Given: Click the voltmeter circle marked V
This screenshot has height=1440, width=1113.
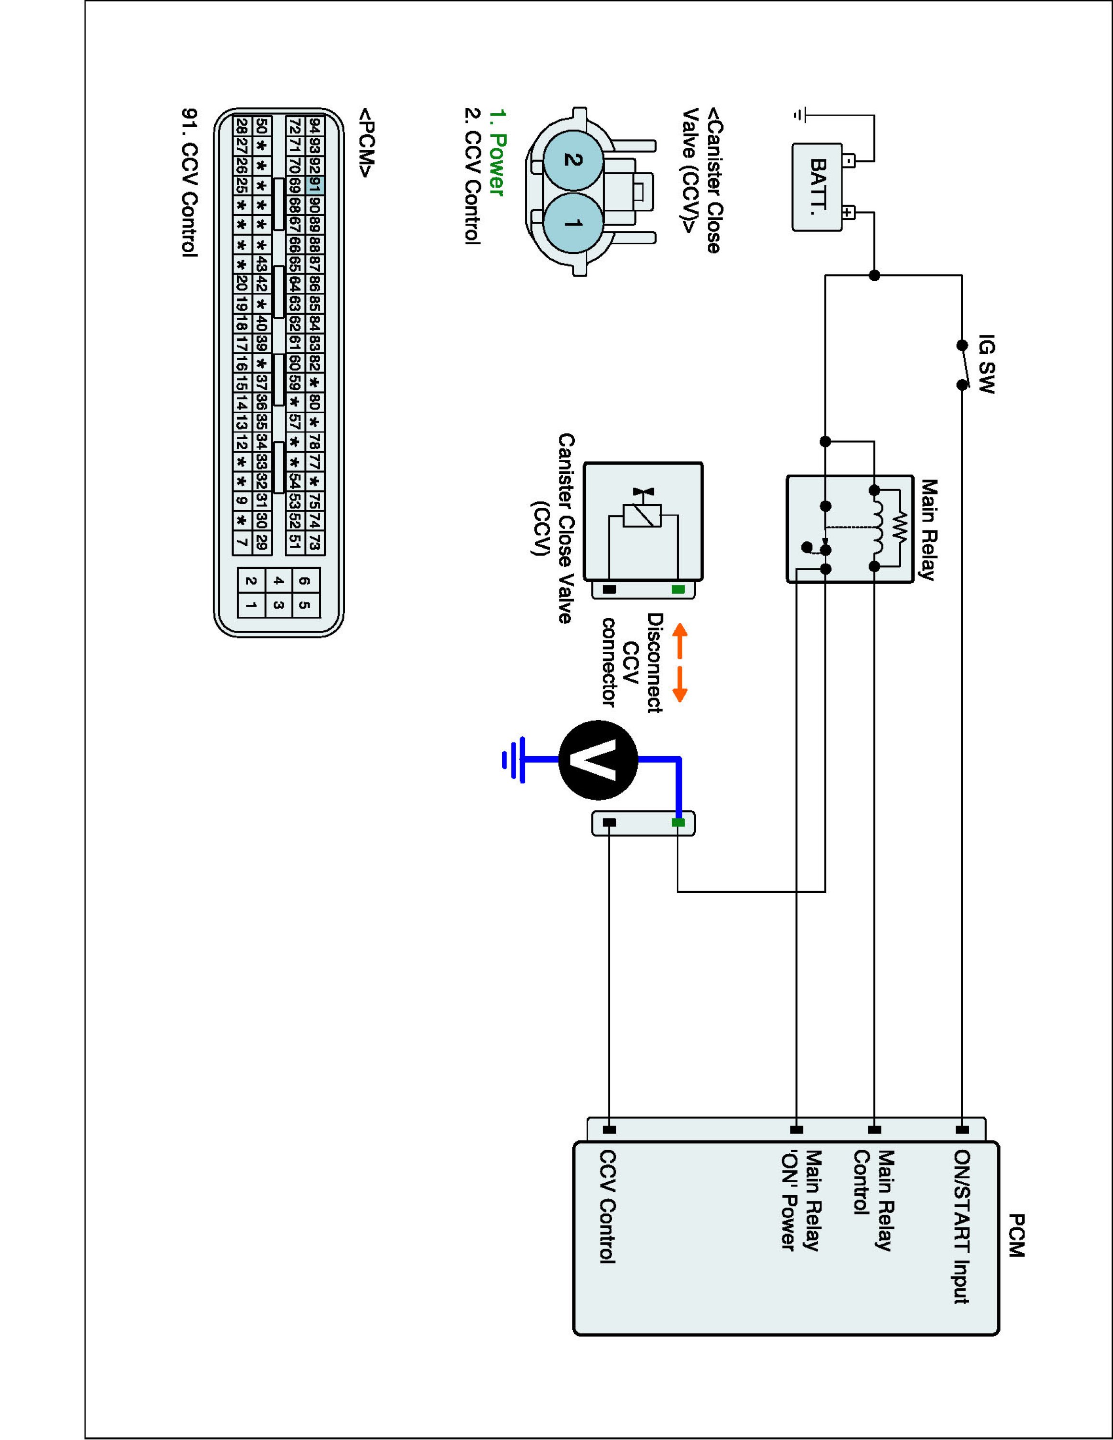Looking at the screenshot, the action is pyautogui.click(x=598, y=760).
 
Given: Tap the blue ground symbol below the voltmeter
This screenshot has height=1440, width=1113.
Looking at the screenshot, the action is pyautogui.click(x=514, y=760).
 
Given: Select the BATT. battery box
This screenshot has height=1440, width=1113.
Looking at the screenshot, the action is pyautogui.click(x=817, y=187).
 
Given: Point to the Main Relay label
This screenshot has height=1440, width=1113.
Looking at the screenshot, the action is pyautogui.click(x=928, y=529).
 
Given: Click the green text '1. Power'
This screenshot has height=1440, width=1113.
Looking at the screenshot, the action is pyautogui.click(x=496, y=153).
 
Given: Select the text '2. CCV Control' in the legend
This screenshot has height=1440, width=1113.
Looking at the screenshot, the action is pyautogui.click(x=472, y=176).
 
